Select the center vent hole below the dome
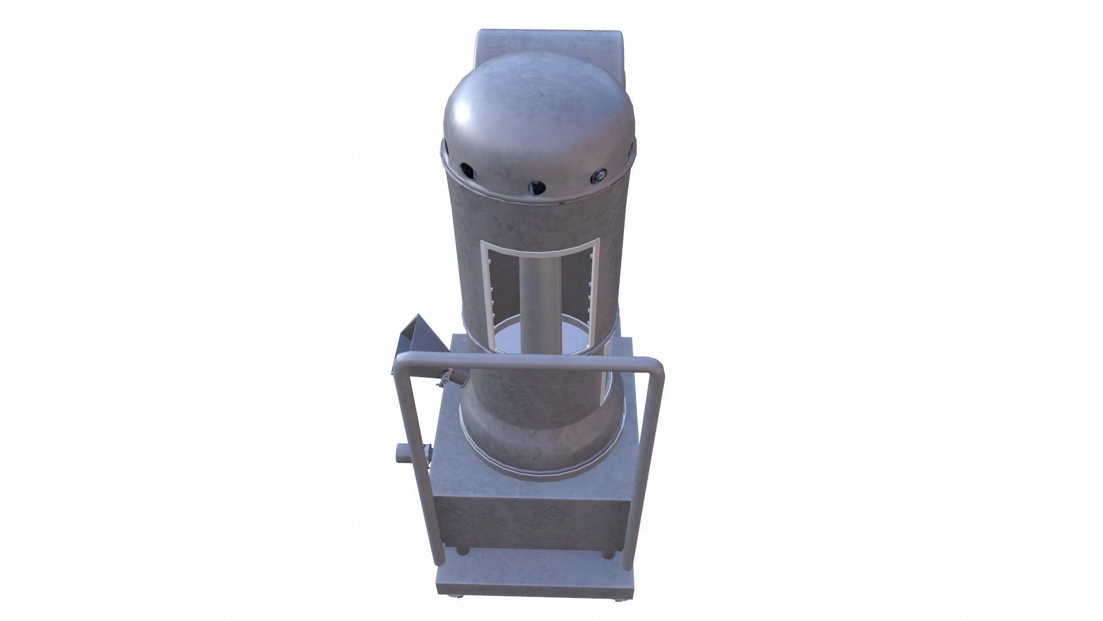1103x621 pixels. [537, 186]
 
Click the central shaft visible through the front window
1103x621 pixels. [538, 299]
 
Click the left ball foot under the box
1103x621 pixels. [461, 551]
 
